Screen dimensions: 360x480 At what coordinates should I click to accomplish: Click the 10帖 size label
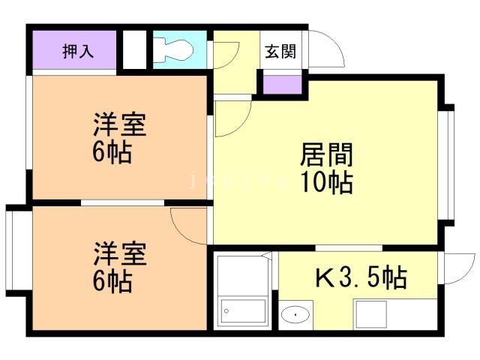tap(327, 182)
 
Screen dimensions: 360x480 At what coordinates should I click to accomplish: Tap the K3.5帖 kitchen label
tap(360, 278)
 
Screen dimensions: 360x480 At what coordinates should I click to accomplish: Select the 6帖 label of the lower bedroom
tap(113, 281)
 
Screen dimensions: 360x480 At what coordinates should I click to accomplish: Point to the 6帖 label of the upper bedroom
tap(113, 153)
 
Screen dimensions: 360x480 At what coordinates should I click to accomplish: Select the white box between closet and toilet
tap(133, 50)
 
